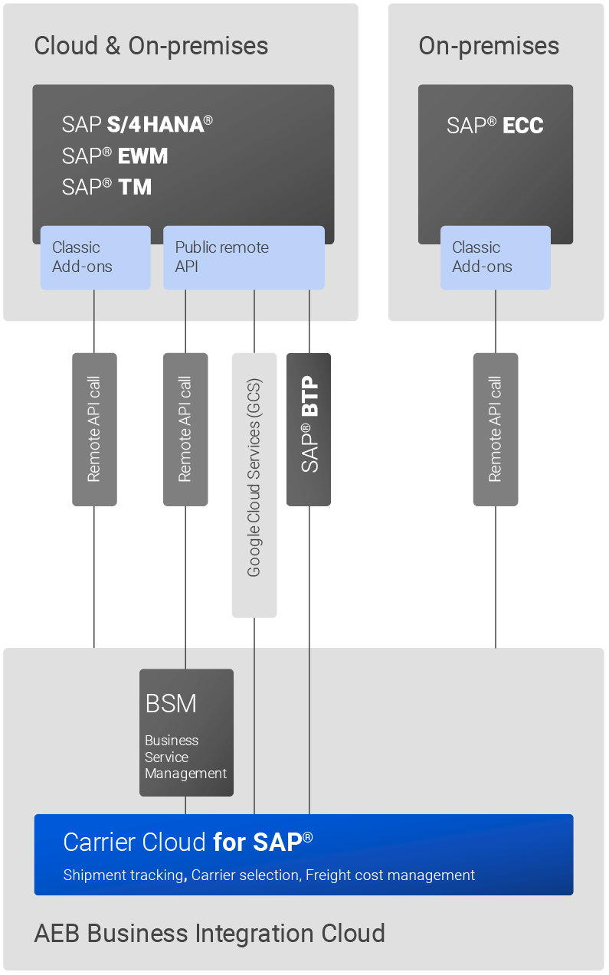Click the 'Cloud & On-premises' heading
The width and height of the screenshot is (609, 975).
pyautogui.click(x=151, y=46)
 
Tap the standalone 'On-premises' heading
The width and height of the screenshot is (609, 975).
pyautogui.click(x=489, y=46)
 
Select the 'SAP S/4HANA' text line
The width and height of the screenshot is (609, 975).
pyautogui.click(x=137, y=124)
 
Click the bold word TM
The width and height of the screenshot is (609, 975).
pyautogui.click(x=135, y=187)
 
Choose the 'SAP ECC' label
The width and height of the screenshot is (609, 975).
pyautogui.click(x=495, y=126)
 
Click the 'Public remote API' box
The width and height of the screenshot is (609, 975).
pyautogui.click(x=244, y=257)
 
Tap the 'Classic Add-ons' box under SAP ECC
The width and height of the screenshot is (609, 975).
pyautogui.click(x=495, y=257)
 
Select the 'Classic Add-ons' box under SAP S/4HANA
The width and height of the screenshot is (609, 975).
pyautogui.click(x=95, y=257)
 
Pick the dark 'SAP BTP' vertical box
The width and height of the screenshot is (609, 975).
pyautogui.click(x=309, y=429)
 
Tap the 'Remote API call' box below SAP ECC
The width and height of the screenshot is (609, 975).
pyautogui.click(x=496, y=429)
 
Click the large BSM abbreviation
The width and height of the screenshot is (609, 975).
pyautogui.click(x=171, y=703)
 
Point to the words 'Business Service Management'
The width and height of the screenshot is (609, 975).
pyautogui.click(x=185, y=757)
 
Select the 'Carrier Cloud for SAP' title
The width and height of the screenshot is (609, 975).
pyautogui.click(x=188, y=842)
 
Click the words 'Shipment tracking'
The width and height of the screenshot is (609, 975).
pyautogui.click(x=123, y=875)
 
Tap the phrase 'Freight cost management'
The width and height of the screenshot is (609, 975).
pyautogui.click(x=390, y=875)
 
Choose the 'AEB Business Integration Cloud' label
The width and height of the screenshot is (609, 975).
pyautogui.click(x=209, y=934)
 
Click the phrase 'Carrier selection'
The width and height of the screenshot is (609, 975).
pyautogui.click(x=245, y=875)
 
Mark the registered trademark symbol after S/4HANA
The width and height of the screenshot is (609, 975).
pyautogui.click(x=208, y=119)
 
